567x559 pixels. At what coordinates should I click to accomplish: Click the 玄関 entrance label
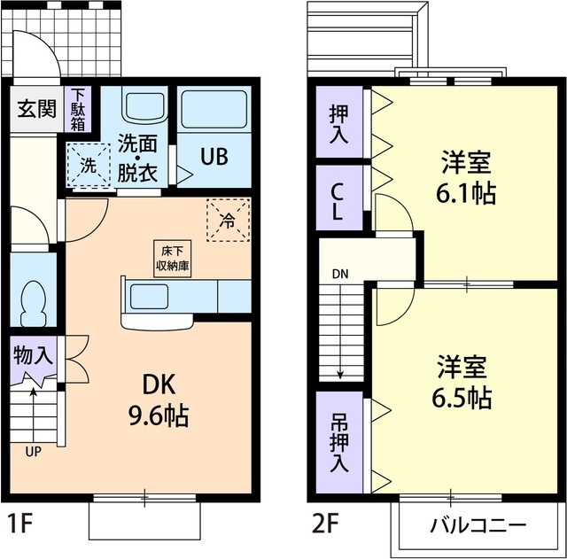(35, 111)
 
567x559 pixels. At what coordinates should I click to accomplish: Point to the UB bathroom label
(213, 157)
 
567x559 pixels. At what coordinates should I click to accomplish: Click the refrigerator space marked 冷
(228, 220)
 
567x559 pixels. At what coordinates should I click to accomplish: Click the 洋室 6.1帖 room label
(467, 177)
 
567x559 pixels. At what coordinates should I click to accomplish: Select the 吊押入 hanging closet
(339, 441)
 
